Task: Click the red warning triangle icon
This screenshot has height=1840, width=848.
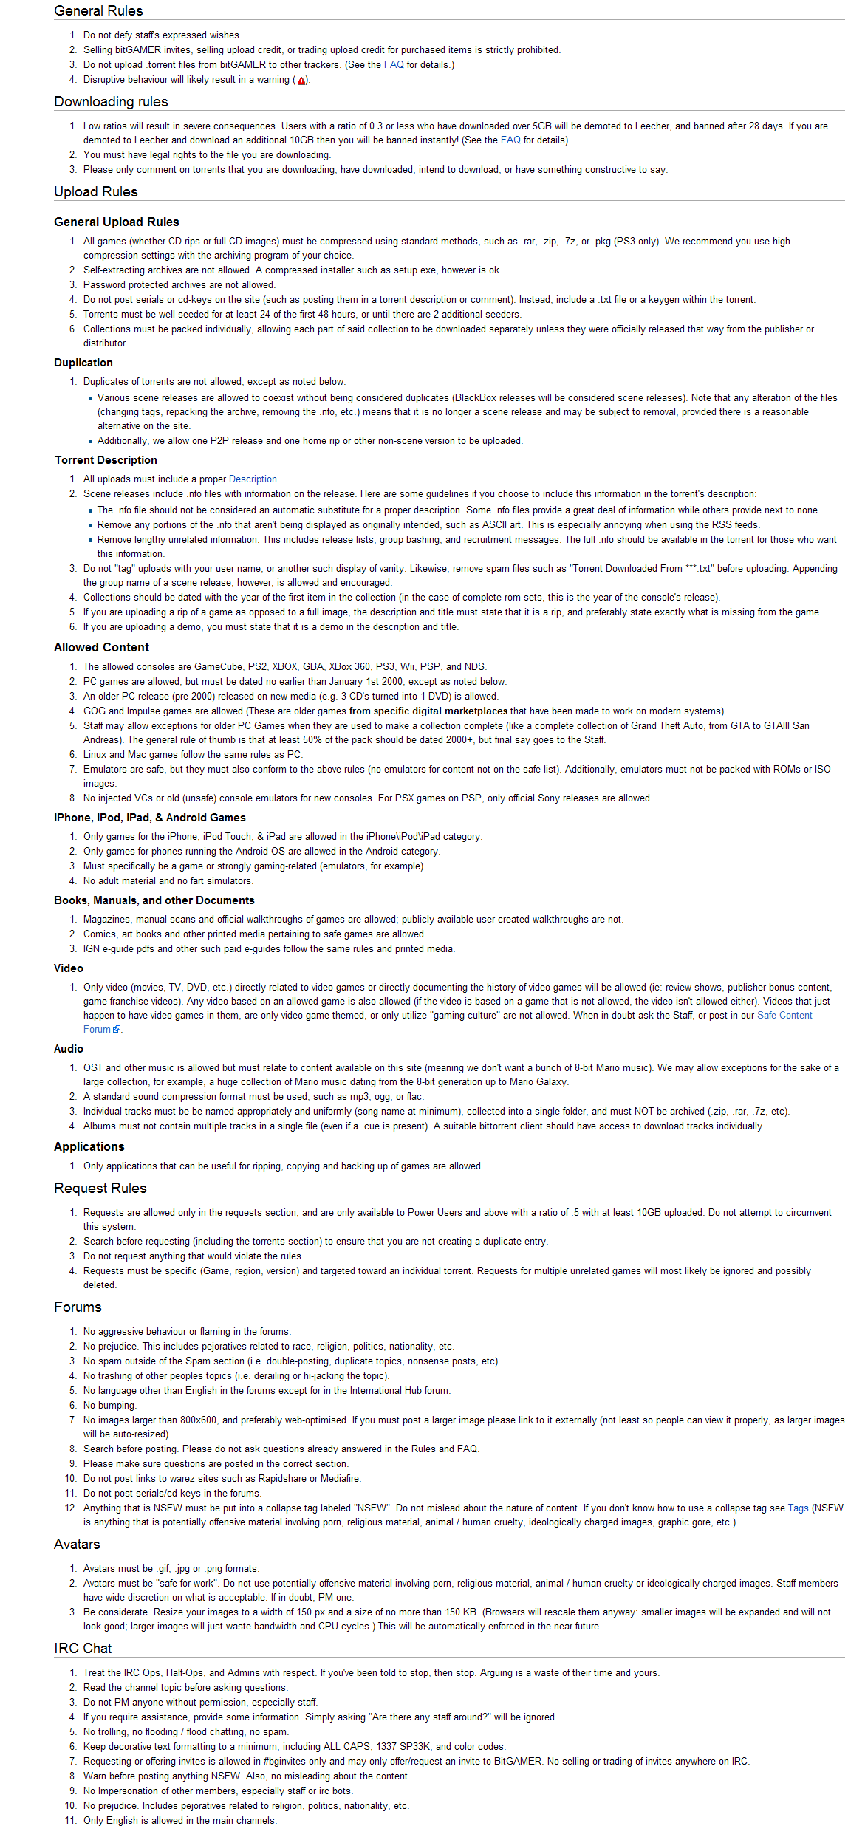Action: (x=301, y=81)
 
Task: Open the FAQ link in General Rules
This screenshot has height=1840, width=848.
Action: (x=394, y=65)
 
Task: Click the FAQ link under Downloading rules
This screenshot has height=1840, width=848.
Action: (x=510, y=140)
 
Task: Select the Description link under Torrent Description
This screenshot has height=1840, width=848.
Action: (x=253, y=479)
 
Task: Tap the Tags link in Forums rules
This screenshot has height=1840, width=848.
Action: (x=798, y=1508)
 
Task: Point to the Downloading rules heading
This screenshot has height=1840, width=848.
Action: (x=111, y=102)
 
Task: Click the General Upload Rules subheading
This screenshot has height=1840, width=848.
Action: (x=116, y=222)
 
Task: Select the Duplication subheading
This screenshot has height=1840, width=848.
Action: (x=83, y=363)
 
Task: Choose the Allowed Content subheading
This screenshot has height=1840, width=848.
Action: (x=101, y=647)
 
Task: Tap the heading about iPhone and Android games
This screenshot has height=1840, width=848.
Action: (x=149, y=818)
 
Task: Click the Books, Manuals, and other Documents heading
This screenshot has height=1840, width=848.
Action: (x=154, y=900)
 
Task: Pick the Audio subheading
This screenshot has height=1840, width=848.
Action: (x=69, y=1049)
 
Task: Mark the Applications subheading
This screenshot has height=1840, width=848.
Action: (x=89, y=1146)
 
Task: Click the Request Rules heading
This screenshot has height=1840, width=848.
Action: (x=100, y=1189)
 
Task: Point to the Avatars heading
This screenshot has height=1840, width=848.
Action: (x=77, y=1545)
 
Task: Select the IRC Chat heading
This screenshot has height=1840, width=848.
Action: (x=83, y=1649)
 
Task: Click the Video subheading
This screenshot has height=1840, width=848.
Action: (x=69, y=968)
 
